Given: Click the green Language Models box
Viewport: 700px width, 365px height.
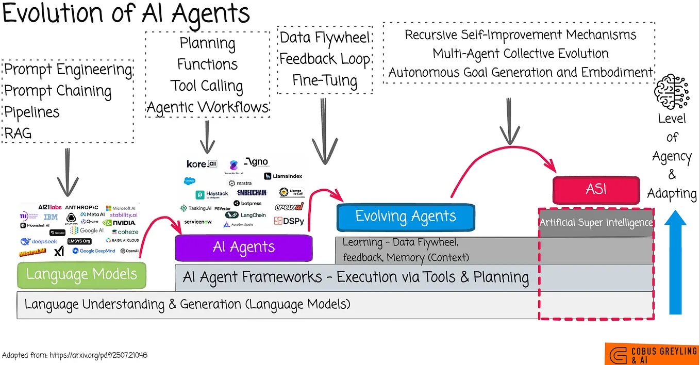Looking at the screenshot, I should [x=81, y=274].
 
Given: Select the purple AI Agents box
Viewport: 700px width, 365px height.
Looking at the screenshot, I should [x=244, y=247].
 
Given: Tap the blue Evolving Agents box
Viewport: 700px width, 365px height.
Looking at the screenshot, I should [x=405, y=216].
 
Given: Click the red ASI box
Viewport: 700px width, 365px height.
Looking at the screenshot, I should [x=596, y=189].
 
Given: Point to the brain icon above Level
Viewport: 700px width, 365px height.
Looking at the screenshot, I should [x=671, y=91].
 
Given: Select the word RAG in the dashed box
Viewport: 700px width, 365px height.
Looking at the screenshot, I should [x=18, y=134].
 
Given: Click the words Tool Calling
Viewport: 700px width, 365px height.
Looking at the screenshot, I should [x=207, y=86].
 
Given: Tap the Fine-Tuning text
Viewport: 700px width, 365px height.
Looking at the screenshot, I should [x=325, y=80].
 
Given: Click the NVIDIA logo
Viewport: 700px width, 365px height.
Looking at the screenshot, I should [x=119, y=223].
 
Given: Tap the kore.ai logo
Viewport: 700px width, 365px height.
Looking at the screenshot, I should [x=202, y=164].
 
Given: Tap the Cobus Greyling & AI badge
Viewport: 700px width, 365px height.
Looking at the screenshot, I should [x=652, y=354].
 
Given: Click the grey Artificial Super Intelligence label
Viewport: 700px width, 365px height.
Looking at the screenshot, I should [x=596, y=223].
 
